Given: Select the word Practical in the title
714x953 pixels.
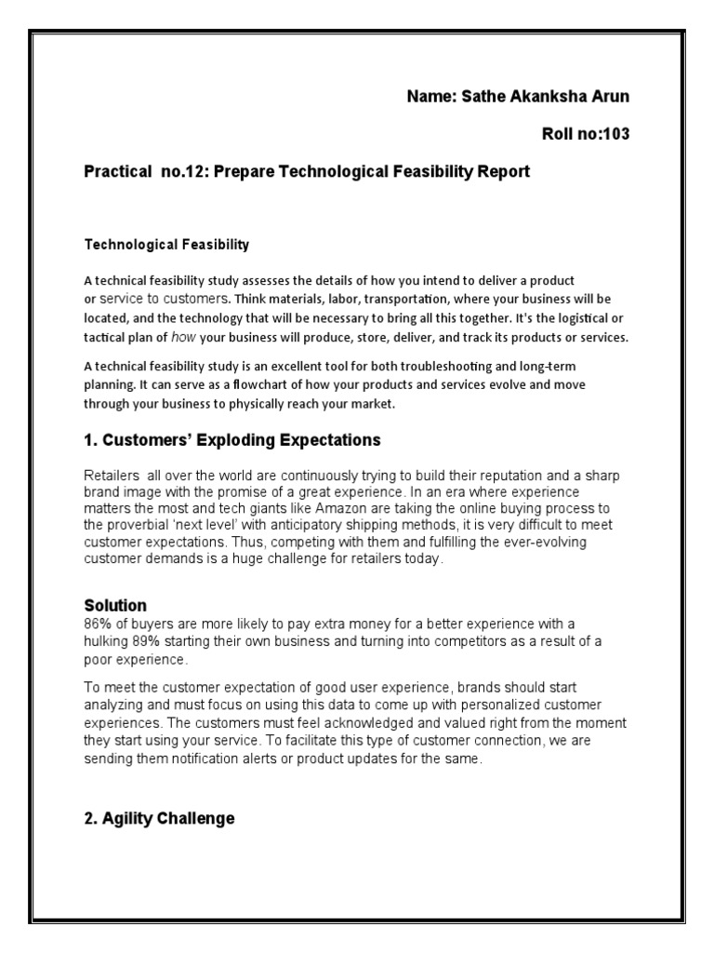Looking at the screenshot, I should pyautogui.click(x=116, y=171).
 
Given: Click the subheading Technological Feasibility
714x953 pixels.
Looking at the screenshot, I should pyautogui.click(x=167, y=246).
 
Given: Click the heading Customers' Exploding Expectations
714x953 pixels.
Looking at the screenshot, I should pyautogui.click(x=232, y=439).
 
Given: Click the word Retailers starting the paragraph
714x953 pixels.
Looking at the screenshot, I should pyautogui.click(x=113, y=476).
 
